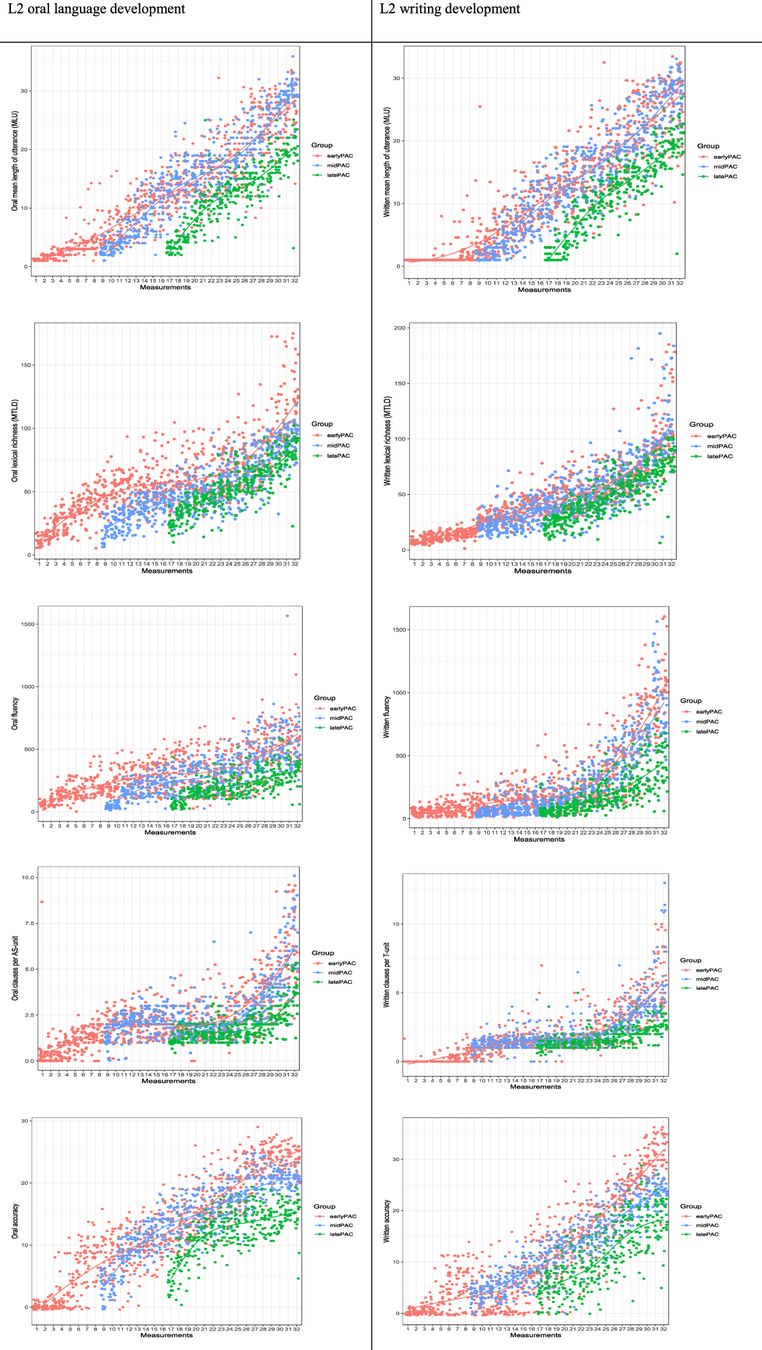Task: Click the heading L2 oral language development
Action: pos(96,9)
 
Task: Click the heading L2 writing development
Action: pos(450,9)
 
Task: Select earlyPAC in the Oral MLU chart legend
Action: pos(339,156)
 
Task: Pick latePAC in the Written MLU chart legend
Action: pos(725,177)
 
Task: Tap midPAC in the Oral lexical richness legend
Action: pos(339,446)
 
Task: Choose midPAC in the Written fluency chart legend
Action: pos(707,722)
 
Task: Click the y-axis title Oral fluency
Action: pos(15,713)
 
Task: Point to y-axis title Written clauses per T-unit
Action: pos(386,974)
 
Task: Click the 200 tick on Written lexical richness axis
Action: pos(400,328)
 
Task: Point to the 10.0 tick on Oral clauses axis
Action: pos(28,878)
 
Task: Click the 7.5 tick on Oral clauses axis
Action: pos(30,924)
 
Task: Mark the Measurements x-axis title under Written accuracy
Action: pos(536,1335)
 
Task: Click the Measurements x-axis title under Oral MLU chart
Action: pos(165,288)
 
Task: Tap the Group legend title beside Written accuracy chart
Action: pos(690,1206)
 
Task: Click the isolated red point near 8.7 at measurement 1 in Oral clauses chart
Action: pos(42,902)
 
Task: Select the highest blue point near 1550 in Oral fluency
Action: pos(288,616)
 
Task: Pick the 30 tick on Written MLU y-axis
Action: pos(396,79)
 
